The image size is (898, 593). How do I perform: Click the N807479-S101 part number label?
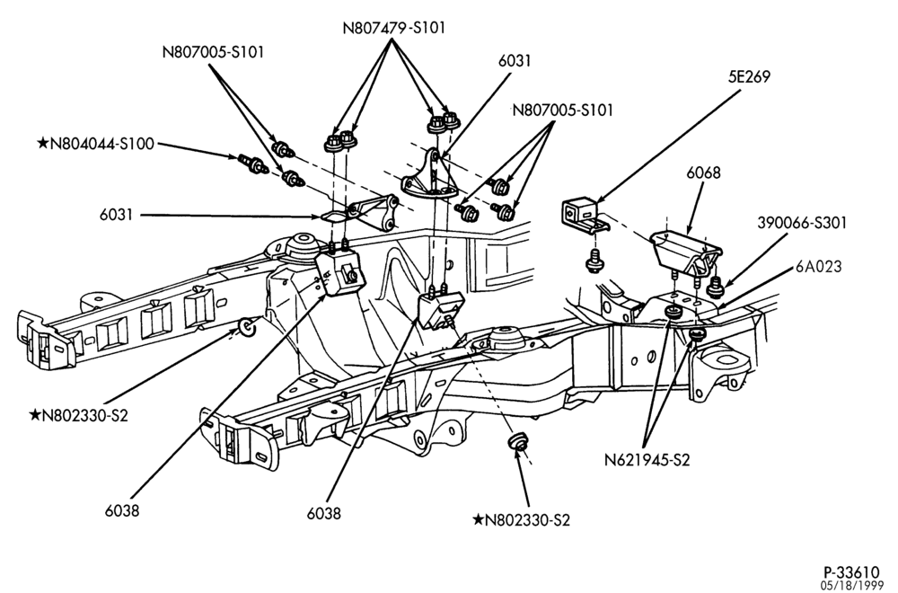pos(394,28)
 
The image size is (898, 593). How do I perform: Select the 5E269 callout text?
pos(750,76)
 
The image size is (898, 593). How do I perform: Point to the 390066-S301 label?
pos(802,222)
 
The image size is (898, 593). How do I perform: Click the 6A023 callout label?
pos(818,267)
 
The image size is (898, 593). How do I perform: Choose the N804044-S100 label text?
pos(102,144)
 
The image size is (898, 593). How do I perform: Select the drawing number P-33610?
pos(851,571)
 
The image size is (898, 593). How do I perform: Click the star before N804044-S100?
pos(43,144)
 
